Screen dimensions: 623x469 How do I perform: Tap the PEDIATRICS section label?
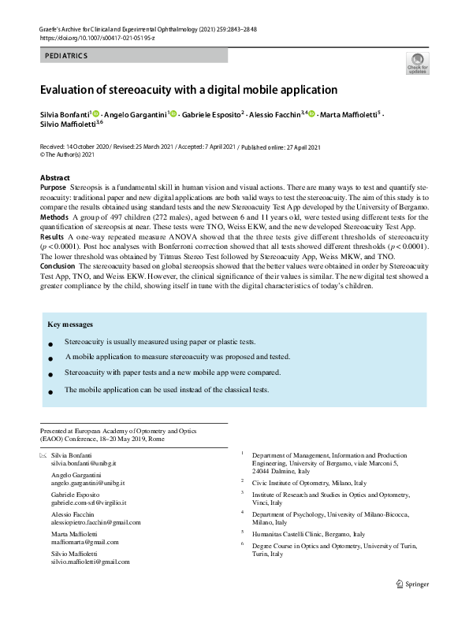pyautogui.click(x=66, y=56)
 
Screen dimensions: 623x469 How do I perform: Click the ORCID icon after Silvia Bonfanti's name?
pyautogui.click(x=96, y=114)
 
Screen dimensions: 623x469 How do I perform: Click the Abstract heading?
pyautogui.click(x=54, y=178)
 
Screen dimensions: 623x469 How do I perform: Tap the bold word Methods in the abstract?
pyautogui.click(x=54, y=216)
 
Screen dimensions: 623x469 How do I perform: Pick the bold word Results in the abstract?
pyautogui.click(x=52, y=235)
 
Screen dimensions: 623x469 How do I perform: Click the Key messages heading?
pyautogui.click(x=70, y=324)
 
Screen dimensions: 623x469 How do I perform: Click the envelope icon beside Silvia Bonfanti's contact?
pyautogui.click(x=43, y=457)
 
